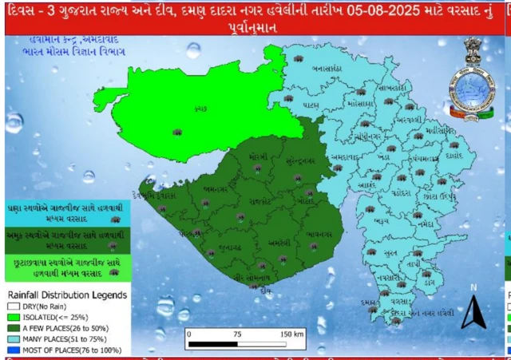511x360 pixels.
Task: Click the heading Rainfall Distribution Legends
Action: pos(66,295)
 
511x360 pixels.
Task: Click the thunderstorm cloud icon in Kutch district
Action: pos(177,130)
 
